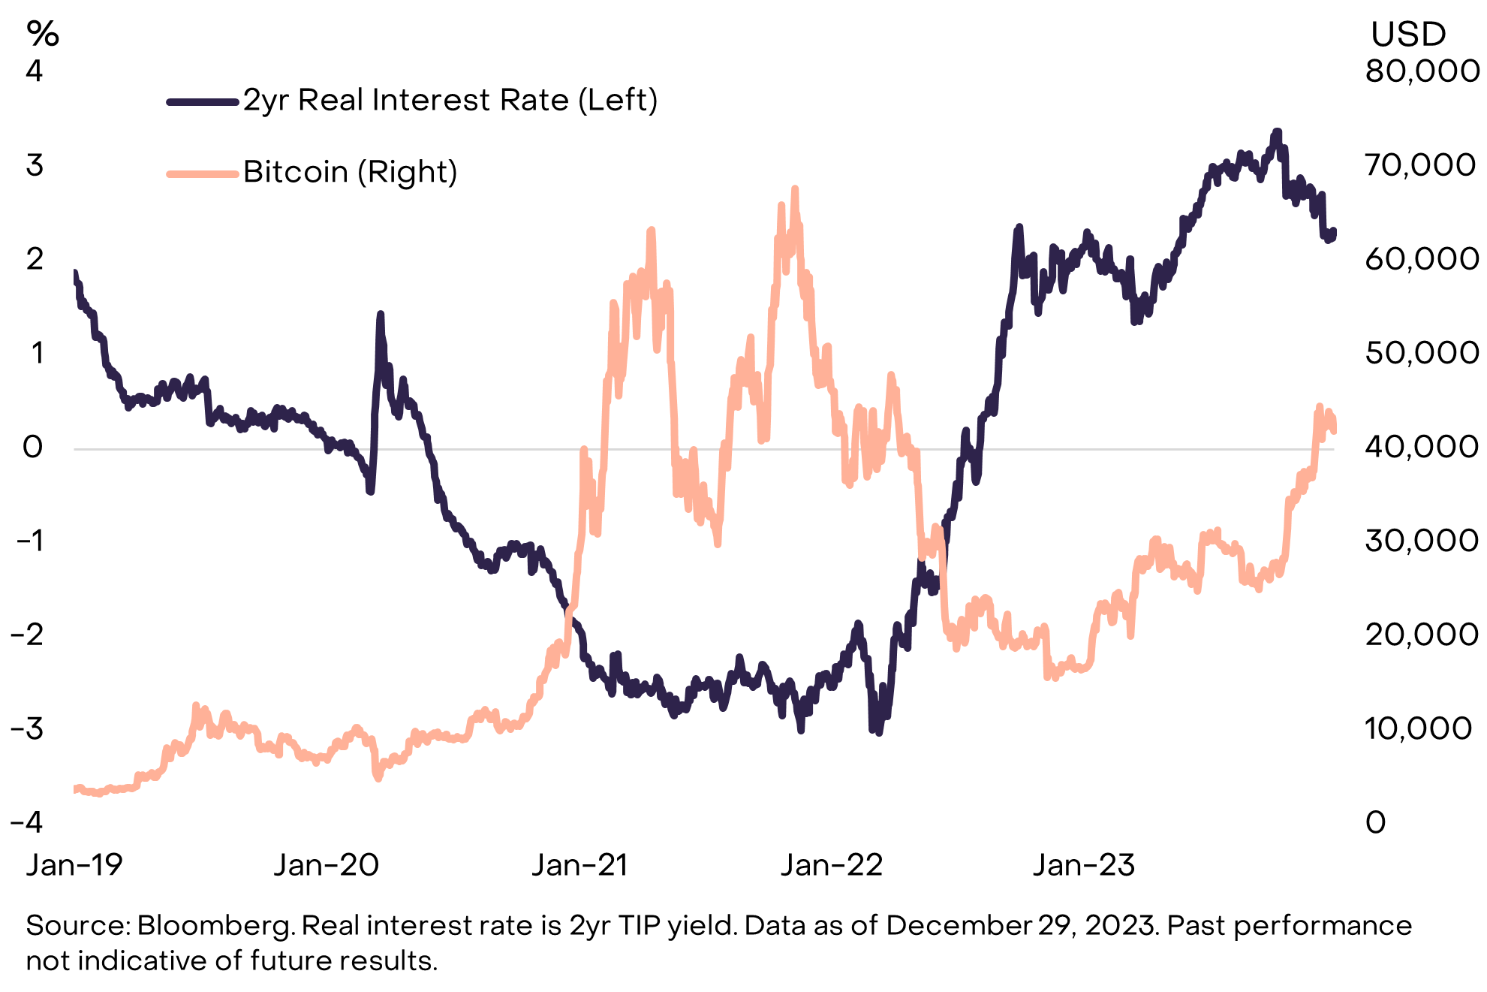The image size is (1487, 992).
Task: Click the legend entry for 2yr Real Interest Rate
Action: point(449,100)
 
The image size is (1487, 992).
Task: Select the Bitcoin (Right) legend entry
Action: point(350,172)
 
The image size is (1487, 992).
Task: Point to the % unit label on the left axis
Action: point(42,34)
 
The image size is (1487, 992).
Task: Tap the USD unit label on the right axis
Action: point(1408,35)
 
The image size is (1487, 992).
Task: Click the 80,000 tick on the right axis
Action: point(1422,71)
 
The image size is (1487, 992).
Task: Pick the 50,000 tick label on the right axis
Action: point(1422,353)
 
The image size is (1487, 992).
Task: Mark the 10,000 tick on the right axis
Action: point(1418,728)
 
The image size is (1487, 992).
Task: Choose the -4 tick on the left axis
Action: point(27,822)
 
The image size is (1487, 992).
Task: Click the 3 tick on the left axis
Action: point(35,165)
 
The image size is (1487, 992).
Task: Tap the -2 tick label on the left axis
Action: point(27,635)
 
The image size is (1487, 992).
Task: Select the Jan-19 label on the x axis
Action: point(74,865)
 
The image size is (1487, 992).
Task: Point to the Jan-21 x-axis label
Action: point(579,865)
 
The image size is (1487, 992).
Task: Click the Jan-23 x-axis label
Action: point(1084,865)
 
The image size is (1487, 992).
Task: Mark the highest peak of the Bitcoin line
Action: point(794,189)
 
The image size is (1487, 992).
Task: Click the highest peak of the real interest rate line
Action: point(1277,132)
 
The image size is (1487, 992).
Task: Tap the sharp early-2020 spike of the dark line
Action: point(380,315)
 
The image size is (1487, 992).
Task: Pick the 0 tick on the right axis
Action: point(1375,822)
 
